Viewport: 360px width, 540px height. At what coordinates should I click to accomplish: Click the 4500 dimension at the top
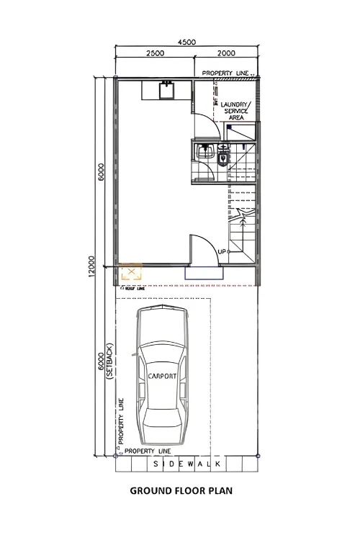click(188, 42)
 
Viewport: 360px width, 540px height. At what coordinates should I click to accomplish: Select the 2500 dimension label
click(156, 53)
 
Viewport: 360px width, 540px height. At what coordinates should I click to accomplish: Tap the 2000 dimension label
click(225, 53)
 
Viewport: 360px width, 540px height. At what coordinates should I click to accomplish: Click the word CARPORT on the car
click(162, 376)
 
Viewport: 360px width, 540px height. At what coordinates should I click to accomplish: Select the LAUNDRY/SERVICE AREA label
click(235, 111)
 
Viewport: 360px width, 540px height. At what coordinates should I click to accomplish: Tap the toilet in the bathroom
click(223, 156)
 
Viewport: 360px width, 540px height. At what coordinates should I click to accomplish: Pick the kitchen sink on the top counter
click(167, 89)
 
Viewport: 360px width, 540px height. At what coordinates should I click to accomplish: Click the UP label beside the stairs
click(222, 251)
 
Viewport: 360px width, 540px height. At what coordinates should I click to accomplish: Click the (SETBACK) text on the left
click(109, 361)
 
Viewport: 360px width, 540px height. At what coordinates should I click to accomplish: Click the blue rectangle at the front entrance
click(204, 272)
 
